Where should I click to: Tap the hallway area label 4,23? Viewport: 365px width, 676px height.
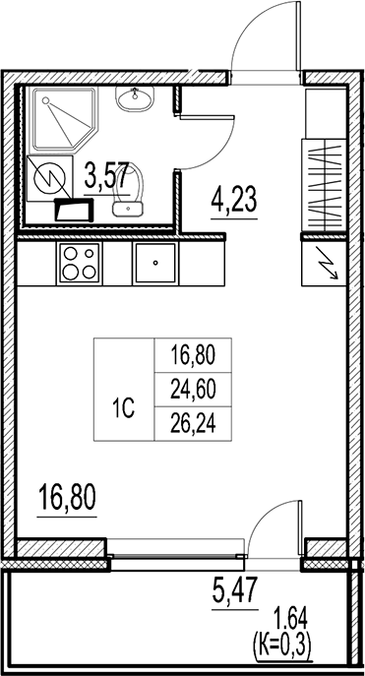tap(234, 203)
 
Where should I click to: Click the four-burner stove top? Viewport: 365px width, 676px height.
tap(79, 262)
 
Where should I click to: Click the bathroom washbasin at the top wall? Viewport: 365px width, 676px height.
tap(135, 98)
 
